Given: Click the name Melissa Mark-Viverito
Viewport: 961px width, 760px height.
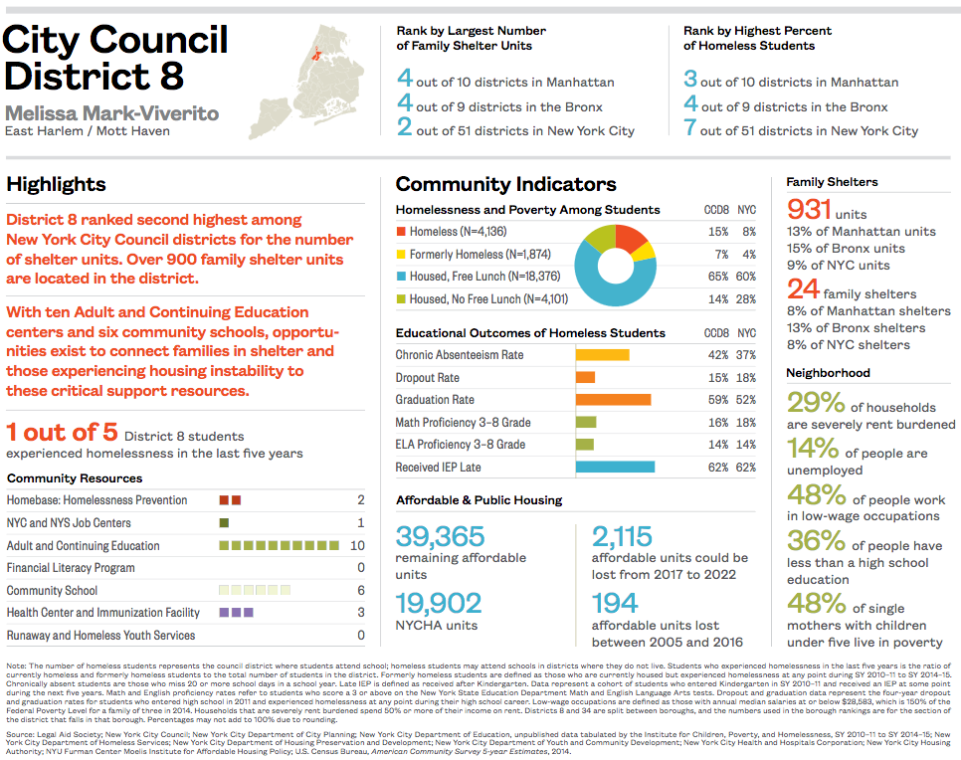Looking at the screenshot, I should tap(111, 111).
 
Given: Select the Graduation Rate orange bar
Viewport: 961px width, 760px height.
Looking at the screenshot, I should tap(613, 400).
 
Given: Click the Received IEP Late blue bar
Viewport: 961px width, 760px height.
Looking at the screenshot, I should tap(615, 467).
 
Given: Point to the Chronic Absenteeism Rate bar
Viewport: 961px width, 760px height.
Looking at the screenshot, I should tap(602, 355).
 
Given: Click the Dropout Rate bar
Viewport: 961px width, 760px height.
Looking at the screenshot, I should tap(585, 378).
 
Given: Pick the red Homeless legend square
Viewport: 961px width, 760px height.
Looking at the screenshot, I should tap(401, 232).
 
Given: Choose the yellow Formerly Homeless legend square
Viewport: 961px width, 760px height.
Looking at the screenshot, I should tap(401, 255).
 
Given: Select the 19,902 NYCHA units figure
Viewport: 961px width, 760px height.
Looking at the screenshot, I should tap(439, 604).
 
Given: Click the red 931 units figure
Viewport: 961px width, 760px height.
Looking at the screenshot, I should tap(809, 210).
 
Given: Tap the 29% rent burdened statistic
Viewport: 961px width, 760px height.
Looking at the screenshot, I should tap(817, 403).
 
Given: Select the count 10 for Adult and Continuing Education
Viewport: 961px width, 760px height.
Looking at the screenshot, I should tap(357, 546).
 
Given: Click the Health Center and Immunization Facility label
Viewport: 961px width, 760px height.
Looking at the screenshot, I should tap(103, 613).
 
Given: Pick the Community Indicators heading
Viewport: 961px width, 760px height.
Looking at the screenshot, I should tap(505, 184).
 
